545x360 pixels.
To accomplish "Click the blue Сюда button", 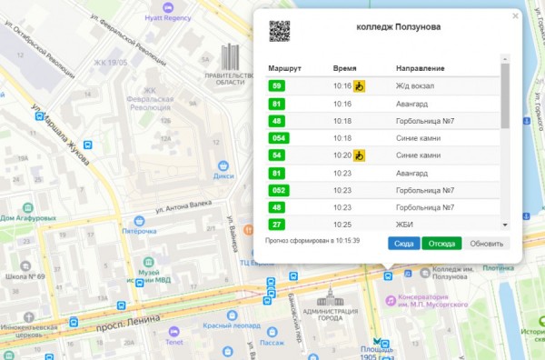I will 405,244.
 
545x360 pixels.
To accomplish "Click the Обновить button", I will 487,244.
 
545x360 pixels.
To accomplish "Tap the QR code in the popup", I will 279,32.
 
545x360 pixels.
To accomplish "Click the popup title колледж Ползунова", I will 399,27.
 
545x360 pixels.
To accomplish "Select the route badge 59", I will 277,86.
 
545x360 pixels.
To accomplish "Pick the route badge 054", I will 280,138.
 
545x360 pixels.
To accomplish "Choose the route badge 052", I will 280,190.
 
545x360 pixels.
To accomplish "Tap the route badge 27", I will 277,224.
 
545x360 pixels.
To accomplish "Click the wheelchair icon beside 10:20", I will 359,155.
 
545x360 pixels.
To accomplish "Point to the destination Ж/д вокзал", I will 416,86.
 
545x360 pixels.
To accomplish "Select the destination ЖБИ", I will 405,224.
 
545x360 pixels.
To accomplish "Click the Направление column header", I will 419,69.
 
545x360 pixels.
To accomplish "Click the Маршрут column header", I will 285,69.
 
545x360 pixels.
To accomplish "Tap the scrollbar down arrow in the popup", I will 505,224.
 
